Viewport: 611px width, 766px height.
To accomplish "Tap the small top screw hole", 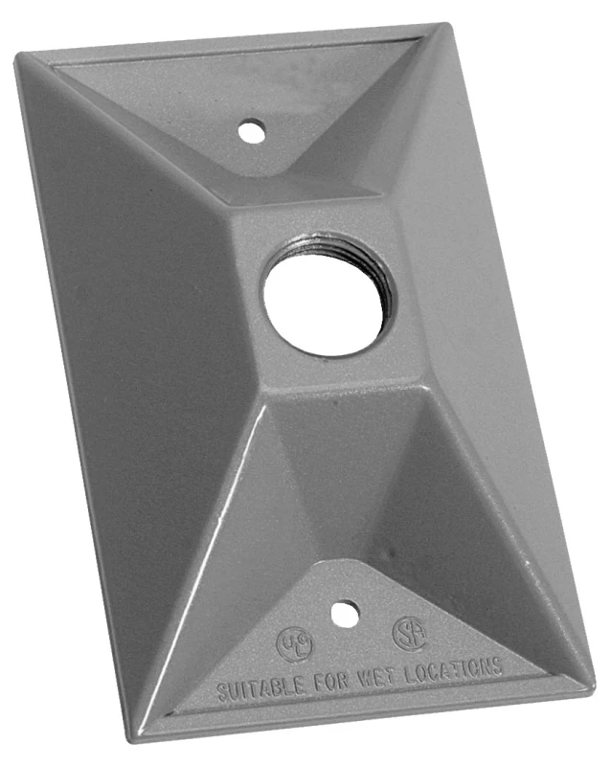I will [251, 128].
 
